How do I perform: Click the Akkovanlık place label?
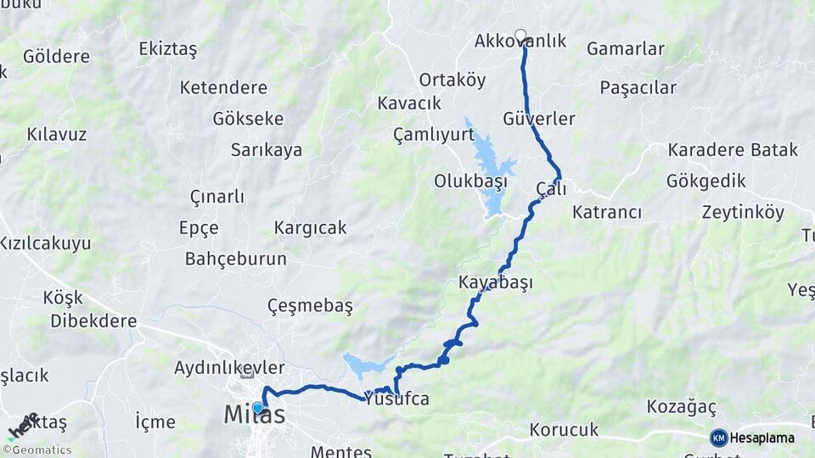click(520, 42)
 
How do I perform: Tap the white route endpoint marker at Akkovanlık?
click(520, 36)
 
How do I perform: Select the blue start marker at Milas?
click(258, 408)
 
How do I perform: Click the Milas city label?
click(254, 416)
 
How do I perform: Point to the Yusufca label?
click(396, 399)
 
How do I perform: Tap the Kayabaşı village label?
click(495, 282)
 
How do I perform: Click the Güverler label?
click(539, 118)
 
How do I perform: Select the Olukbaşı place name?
click(470, 181)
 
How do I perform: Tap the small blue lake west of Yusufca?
click(366, 366)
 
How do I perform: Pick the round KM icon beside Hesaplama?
click(719, 438)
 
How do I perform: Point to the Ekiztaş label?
click(167, 49)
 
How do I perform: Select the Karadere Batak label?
click(733, 150)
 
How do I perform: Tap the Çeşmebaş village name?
click(310, 305)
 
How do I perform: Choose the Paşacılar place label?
click(638, 87)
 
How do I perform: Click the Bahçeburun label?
click(235, 259)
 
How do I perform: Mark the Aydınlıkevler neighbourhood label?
click(229, 367)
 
